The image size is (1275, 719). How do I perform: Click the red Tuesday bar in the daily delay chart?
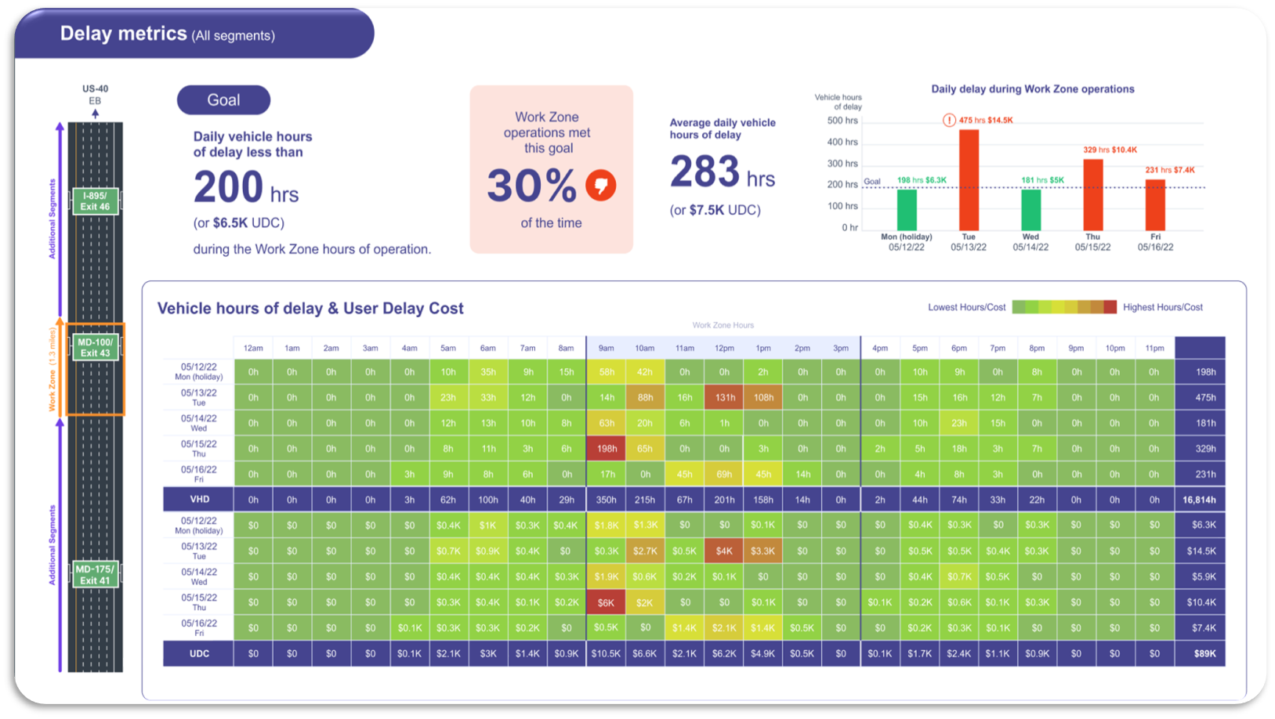pos(969,179)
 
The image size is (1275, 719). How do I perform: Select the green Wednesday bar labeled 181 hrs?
pos(1031,209)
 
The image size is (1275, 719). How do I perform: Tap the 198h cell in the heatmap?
pos(607,449)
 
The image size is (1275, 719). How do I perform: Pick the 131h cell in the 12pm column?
pos(724,398)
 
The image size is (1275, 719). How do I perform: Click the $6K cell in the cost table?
pos(606,602)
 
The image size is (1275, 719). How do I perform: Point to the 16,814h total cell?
pos(1199,500)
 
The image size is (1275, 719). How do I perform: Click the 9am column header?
pos(606,348)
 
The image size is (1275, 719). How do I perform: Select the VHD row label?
pos(199,499)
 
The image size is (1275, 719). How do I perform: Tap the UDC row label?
pos(199,653)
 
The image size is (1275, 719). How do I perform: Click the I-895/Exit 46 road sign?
pos(95,201)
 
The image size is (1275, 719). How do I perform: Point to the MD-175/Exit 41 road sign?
pos(95,575)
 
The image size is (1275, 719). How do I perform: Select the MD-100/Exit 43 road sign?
pos(95,348)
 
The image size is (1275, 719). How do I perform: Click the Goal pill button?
pos(223,100)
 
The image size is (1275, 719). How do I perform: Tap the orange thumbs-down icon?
pos(601,186)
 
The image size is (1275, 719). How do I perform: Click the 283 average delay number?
pos(705,172)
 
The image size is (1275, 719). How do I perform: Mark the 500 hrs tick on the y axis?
pos(842,121)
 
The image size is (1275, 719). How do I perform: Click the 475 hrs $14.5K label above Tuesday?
pos(985,120)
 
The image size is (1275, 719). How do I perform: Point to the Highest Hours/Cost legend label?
pos(1162,307)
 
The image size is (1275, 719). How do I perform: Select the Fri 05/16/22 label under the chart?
pos(1155,242)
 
